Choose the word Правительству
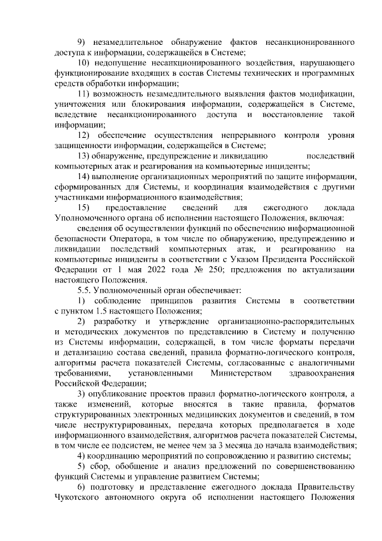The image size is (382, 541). click(326, 487)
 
